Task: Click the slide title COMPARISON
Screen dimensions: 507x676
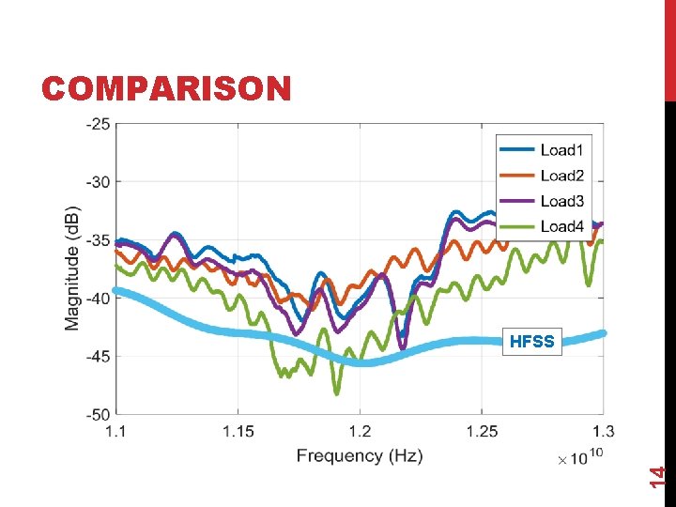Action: coord(166,88)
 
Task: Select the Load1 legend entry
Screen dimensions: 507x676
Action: coord(561,150)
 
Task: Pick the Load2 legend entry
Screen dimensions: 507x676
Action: coord(561,176)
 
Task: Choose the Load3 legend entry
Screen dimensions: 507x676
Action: coord(561,201)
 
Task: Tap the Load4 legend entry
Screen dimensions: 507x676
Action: coord(561,226)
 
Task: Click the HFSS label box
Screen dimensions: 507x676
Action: coord(532,342)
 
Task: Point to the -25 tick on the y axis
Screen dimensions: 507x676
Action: coord(97,123)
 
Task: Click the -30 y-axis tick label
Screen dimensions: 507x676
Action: coord(97,181)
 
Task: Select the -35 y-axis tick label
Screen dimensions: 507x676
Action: coord(97,239)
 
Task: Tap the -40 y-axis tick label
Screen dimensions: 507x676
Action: coord(97,298)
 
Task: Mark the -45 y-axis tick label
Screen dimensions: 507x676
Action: coord(97,356)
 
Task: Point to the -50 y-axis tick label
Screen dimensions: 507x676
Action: coord(97,414)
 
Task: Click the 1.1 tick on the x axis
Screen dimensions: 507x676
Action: coord(115,431)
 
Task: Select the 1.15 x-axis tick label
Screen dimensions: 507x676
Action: coord(238,431)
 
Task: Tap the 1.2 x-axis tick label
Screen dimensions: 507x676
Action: coord(360,431)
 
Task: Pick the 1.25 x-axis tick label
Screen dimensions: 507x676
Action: coord(482,431)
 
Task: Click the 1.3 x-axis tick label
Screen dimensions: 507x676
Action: coord(603,431)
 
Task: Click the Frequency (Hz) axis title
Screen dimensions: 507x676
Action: coord(360,456)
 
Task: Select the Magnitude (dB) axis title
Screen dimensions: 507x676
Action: coord(72,269)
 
